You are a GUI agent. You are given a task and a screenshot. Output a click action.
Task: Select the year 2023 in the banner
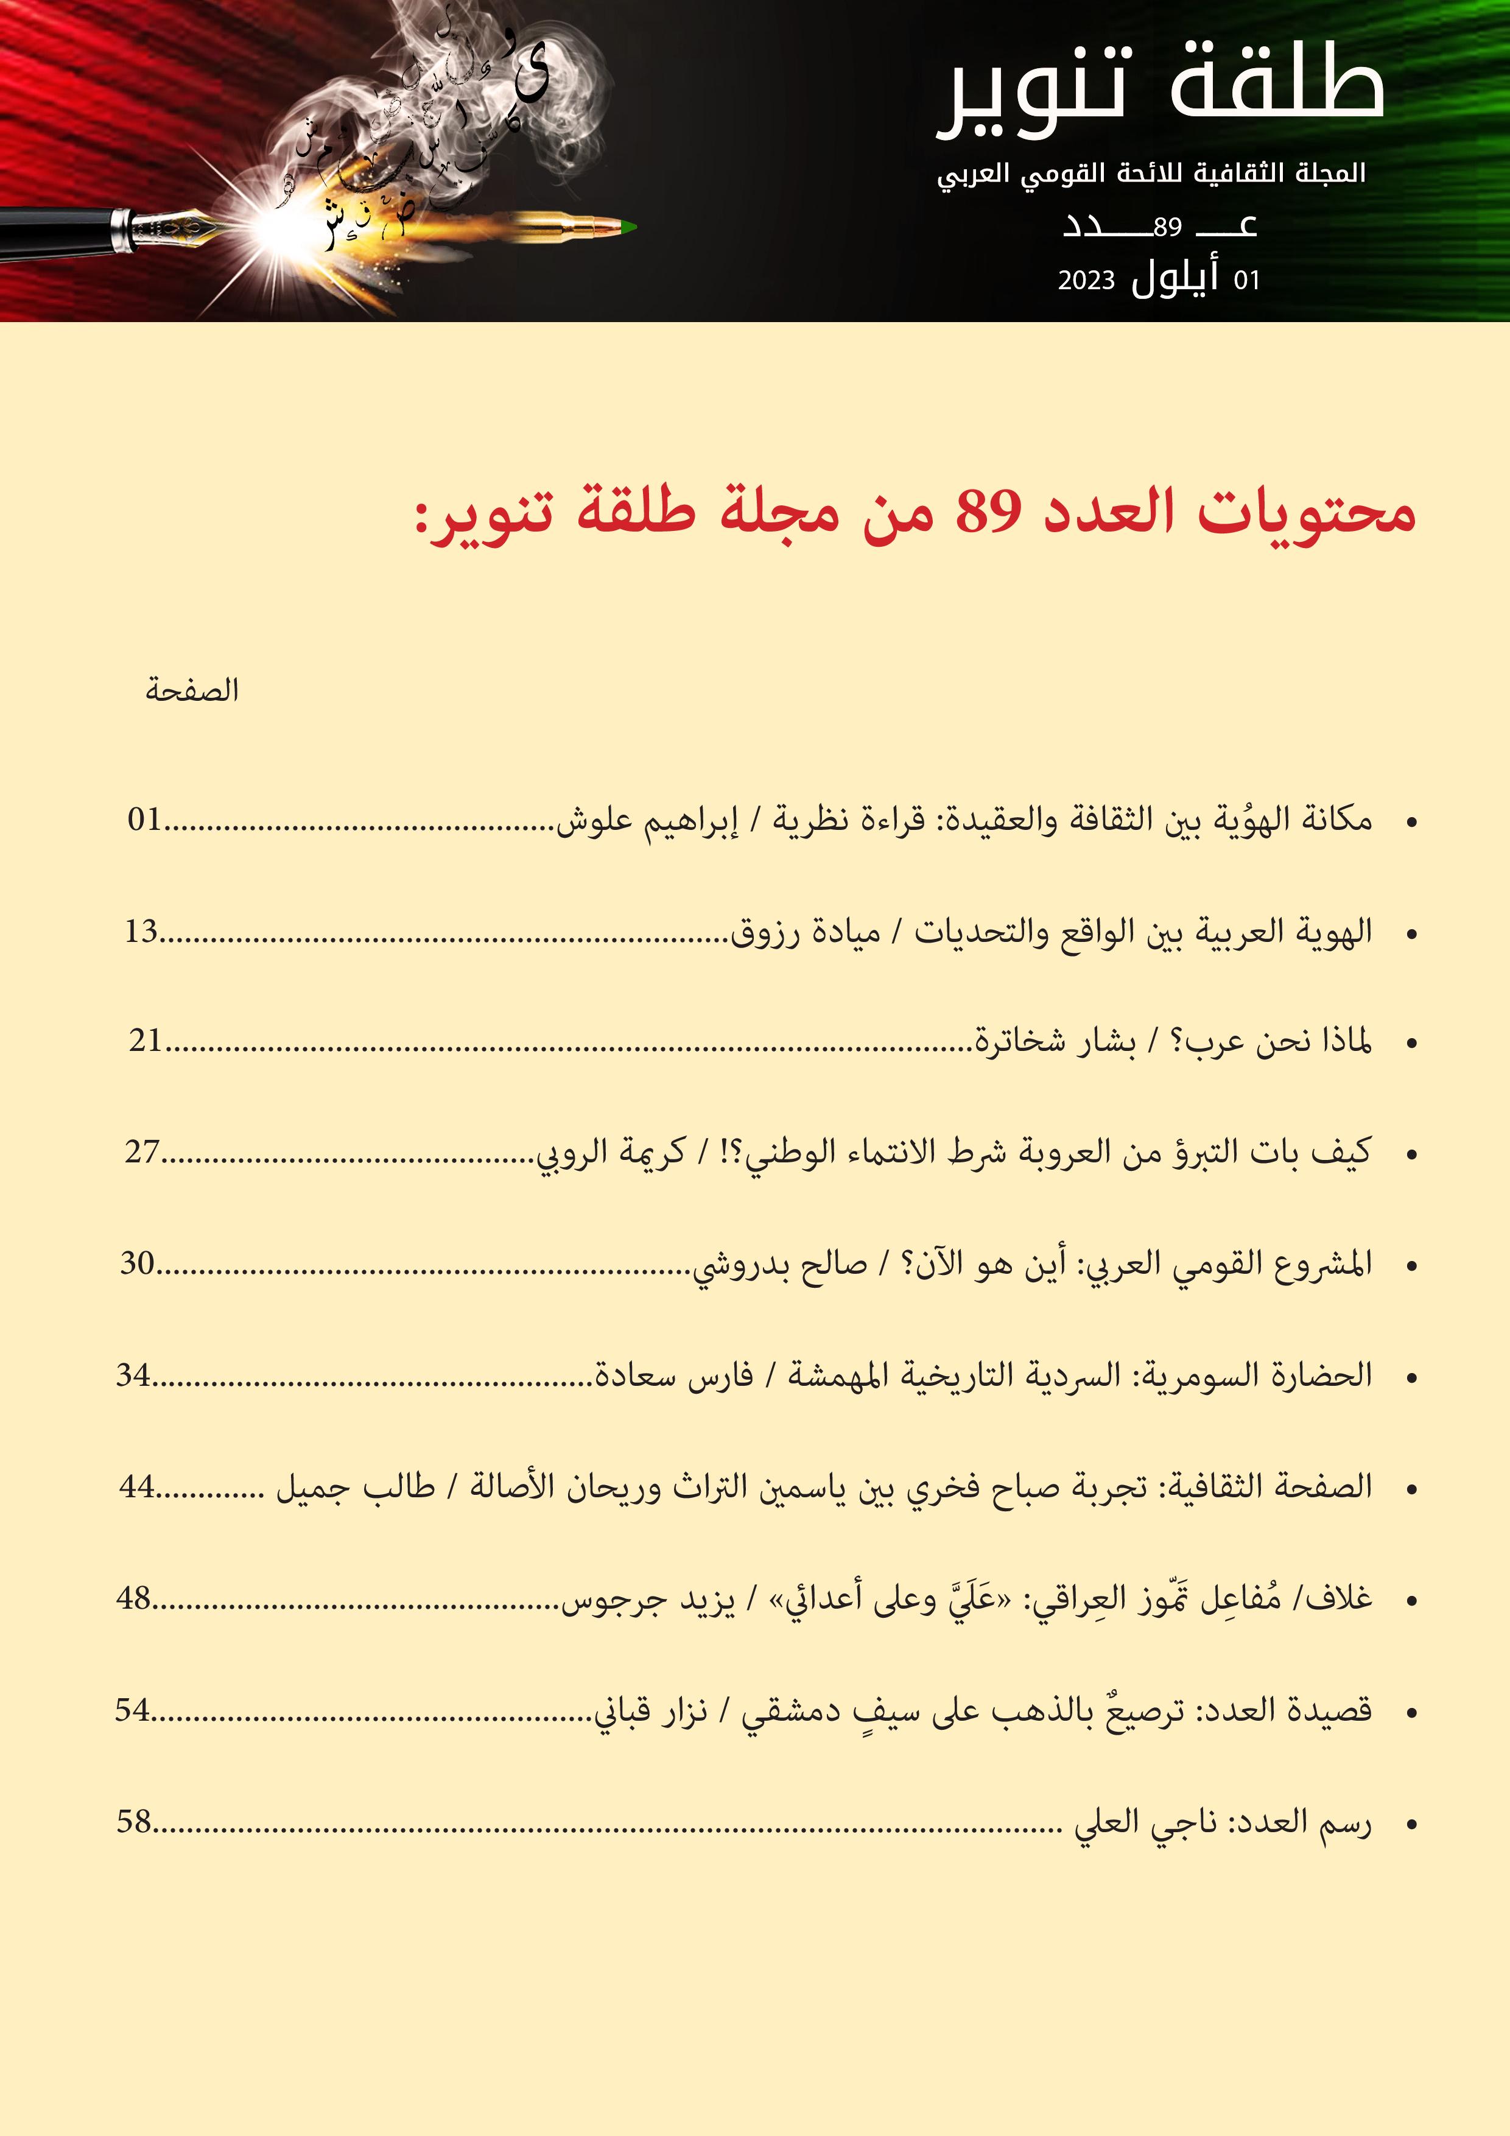point(1086,281)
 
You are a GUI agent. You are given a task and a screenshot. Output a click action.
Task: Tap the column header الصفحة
point(192,690)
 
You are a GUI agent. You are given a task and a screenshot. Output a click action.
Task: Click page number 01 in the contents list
point(145,820)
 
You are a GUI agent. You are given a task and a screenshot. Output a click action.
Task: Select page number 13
point(141,931)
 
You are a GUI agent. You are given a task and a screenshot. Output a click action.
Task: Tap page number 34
point(133,1375)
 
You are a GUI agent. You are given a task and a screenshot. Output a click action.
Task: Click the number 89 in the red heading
point(989,511)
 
